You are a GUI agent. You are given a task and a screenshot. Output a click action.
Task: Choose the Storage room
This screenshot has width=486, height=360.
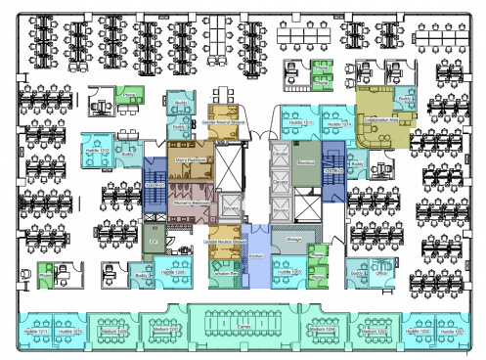(x=292, y=238)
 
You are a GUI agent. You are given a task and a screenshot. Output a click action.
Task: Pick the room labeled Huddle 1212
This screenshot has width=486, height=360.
(x=96, y=151)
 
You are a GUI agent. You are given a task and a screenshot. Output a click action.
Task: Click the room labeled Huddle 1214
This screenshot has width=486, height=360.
(x=338, y=125)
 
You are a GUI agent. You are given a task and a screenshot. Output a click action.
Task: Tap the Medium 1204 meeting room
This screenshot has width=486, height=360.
(x=323, y=332)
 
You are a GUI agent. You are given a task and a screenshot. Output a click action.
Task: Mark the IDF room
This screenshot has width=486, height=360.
(x=152, y=241)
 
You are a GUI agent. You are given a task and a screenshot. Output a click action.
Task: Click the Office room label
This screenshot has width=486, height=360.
(x=382, y=274)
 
